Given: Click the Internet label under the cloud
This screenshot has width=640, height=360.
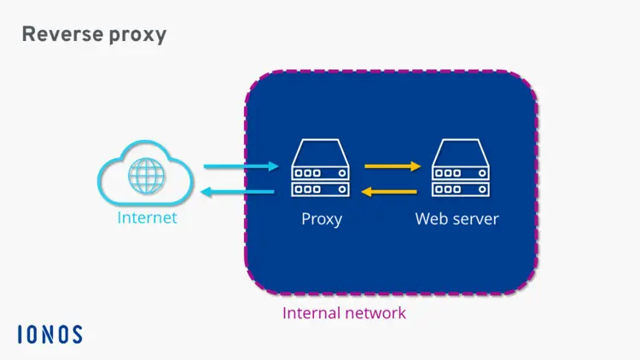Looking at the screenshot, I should click(147, 218).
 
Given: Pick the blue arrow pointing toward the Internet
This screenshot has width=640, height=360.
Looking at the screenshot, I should click(238, 192).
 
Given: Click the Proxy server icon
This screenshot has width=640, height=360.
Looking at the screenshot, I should click(321, 171).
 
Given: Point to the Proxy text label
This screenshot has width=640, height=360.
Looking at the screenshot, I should click(322, 219).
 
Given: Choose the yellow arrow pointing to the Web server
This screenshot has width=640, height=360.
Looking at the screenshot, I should click(393, 166).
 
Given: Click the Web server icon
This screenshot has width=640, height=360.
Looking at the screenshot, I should click(461, 171).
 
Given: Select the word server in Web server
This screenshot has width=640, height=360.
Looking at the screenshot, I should click(474, 219).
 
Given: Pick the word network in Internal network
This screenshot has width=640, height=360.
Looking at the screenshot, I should click(375, 313).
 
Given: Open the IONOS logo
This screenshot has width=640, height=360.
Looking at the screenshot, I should click(49, 334).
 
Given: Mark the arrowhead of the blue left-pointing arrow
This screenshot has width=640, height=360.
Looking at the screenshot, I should click(207, 192).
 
